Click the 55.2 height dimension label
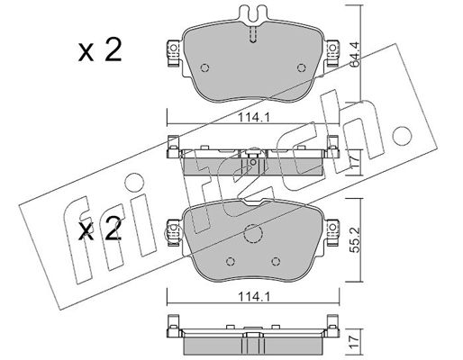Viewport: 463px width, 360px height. coord(355,239)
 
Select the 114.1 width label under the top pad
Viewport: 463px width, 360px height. coord(254,118)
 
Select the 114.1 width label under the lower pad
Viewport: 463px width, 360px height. coord(254,297)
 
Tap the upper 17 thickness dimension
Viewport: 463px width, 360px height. coord(355,162)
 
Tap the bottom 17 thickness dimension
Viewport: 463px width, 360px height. coord(355,342)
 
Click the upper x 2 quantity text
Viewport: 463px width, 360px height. coord(100,50)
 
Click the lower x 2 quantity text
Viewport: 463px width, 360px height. coord(100,229)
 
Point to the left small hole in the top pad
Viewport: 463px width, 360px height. coord(204,68)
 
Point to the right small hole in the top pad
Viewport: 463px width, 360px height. coord(302,68)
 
